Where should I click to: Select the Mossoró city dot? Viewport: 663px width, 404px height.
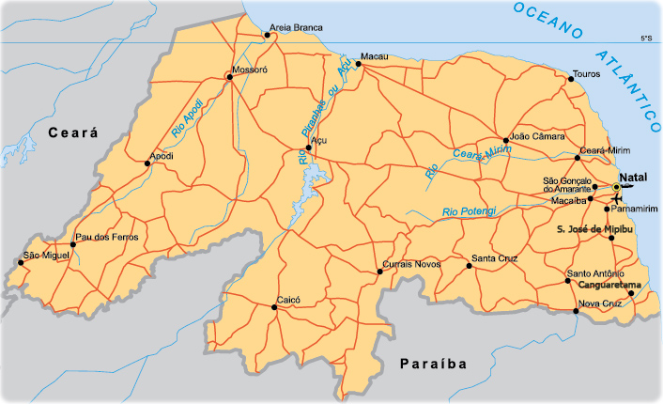pyautogui.click(x=228, y=77)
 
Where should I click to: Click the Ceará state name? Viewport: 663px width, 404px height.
pyautogui.click(x=73, y=134)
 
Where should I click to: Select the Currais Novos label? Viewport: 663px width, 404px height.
pyautogui.click(x=414, y=264)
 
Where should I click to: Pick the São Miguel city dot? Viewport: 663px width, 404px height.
pyautogui.click(x=18, y=263)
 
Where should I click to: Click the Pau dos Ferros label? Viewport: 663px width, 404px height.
pyautogui.click(x=107, y=237)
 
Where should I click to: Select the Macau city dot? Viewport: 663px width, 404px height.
pyautogui.click(x=358, y=64)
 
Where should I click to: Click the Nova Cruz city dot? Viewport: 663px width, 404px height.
pyautogui.click(x=576, y=310)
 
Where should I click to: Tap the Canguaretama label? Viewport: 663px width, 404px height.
pyautogui.click(x=609, y=284)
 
